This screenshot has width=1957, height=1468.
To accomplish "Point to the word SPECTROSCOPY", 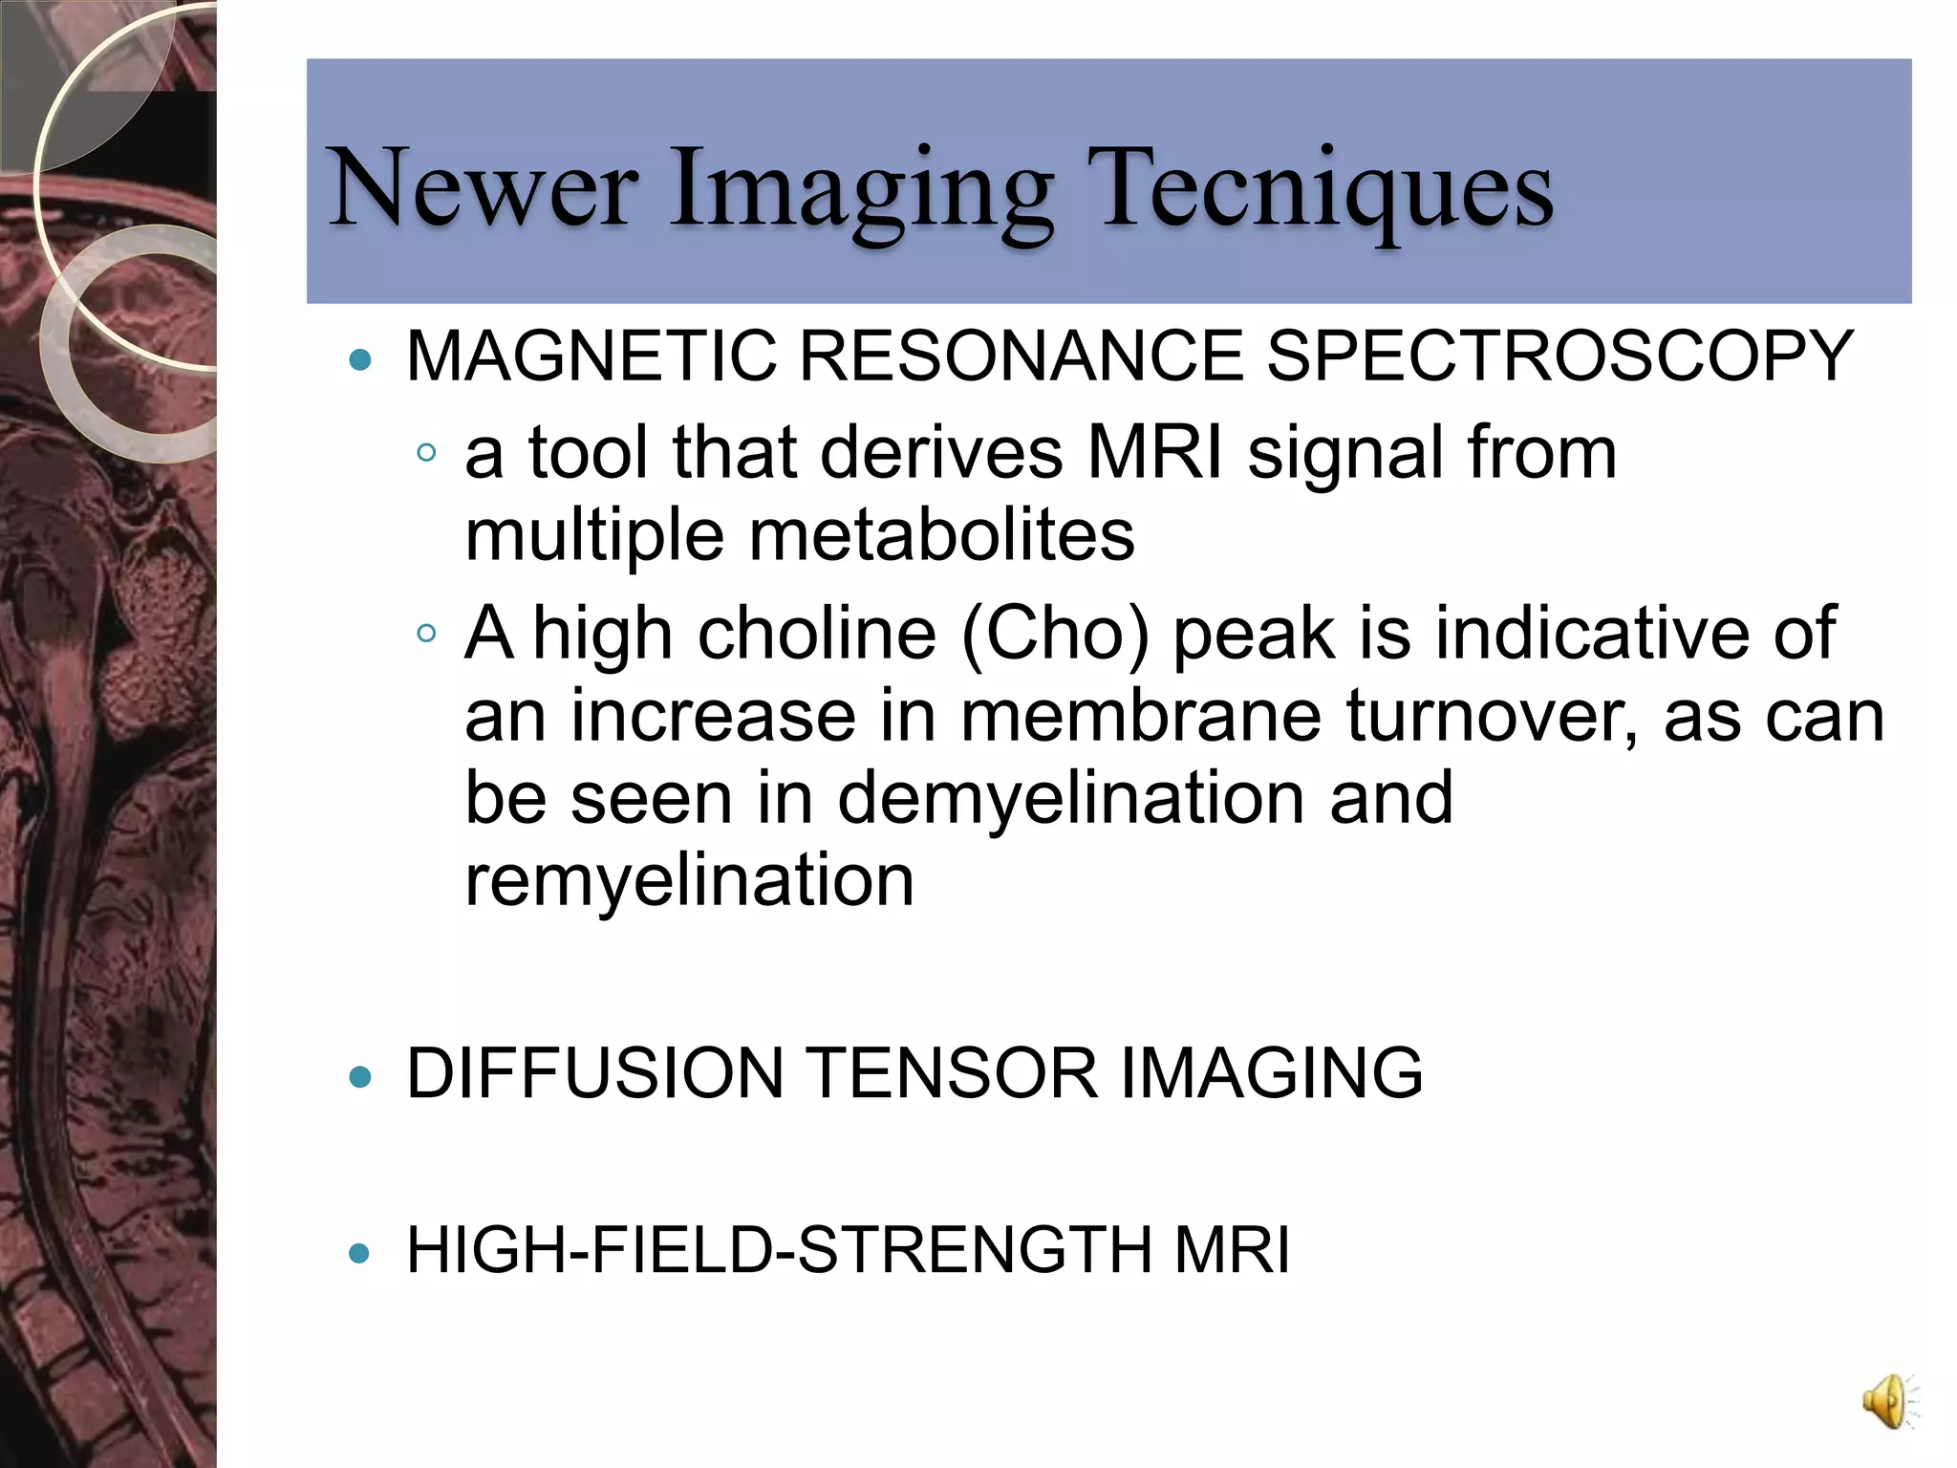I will (1559, 356).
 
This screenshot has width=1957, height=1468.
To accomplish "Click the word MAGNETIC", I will (591, 356).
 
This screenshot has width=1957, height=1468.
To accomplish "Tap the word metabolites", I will (941, 535).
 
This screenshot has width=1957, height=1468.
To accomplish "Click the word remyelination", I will (689, 880).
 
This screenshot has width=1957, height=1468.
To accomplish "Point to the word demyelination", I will (1070, 798).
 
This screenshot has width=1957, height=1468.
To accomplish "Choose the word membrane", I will (1142, 716).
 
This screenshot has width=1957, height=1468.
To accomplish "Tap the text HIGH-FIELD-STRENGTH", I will (780, 1250).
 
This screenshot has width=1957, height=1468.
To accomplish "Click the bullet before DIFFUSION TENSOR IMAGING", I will (360, 1077).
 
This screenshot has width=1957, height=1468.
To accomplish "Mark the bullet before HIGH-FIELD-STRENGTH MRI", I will (360, 1253).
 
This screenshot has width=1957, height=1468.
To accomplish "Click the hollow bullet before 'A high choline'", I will (427, 633).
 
